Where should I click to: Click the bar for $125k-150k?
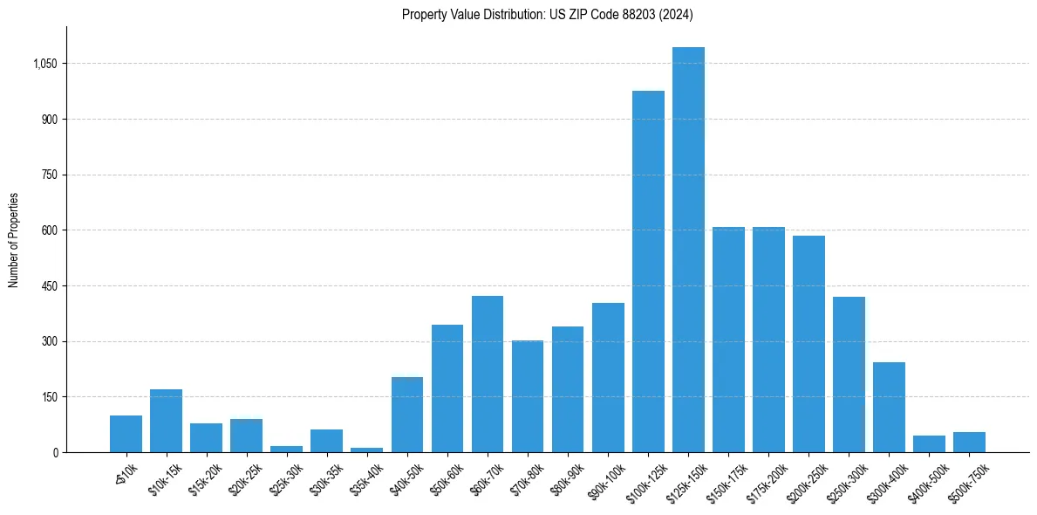tap(688, 250)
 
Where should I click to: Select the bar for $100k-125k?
tap(648, 271)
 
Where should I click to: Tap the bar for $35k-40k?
tap(366, 450)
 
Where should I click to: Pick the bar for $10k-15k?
tap(166, 421)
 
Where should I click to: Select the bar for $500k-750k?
tap(969, 442)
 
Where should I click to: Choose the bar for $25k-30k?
tap(286, 449)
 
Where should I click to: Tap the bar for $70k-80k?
tap(528, 396)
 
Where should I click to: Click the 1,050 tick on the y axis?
tap(44, 64)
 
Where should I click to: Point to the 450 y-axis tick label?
tap(49, 286)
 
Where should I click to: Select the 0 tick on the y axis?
tap(54, 452)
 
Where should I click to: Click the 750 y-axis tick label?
tap(49, 175)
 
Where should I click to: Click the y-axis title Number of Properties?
tap(13, 240)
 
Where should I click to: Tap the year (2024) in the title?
tap(677, 14)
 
